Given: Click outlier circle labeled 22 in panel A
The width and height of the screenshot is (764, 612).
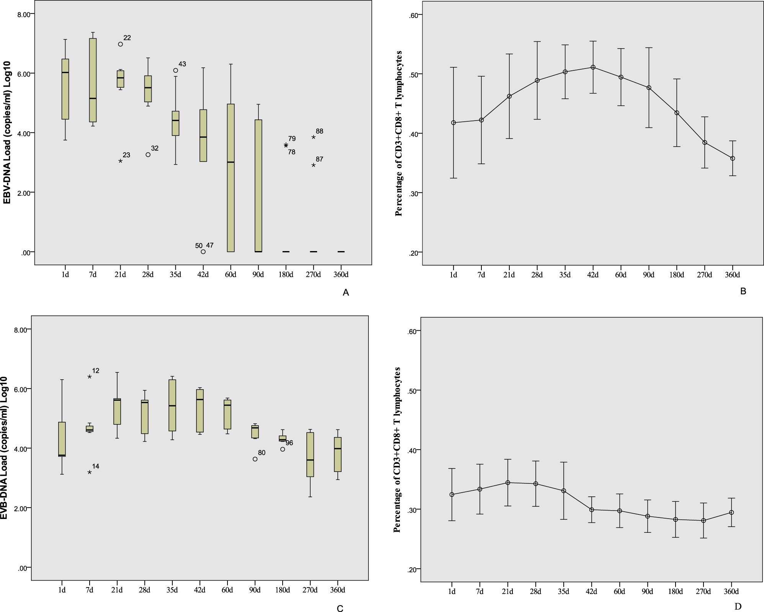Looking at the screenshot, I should [120, 44].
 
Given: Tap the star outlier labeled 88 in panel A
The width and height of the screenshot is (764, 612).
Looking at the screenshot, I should [313, 137].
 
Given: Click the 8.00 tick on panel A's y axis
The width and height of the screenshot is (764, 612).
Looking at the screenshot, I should [26, 14].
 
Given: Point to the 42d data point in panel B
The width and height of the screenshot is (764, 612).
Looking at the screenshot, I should [593, 67].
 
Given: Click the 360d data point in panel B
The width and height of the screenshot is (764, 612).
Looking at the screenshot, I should [733, 158].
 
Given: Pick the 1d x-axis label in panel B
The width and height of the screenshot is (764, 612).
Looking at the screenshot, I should [453, 275].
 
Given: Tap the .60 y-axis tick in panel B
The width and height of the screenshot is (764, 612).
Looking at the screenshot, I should [416, 15].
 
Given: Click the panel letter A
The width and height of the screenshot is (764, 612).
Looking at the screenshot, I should [346, 293].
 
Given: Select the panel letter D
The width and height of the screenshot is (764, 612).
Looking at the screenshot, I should [738, 606].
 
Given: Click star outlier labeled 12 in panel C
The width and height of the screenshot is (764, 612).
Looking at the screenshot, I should [90, 377].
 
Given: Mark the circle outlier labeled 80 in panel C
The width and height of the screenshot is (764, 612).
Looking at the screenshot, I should [255, 459].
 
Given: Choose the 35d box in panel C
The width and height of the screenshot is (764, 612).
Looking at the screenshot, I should [172, 405].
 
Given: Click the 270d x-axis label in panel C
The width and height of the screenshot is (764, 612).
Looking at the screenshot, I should [310, 590].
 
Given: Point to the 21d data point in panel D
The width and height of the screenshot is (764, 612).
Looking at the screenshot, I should [508, 483].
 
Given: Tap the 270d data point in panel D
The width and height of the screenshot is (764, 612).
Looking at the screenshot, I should [703, 521].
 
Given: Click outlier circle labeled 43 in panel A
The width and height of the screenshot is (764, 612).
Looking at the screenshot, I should [175, 70].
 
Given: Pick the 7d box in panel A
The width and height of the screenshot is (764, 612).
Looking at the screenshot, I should [93, 80].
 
